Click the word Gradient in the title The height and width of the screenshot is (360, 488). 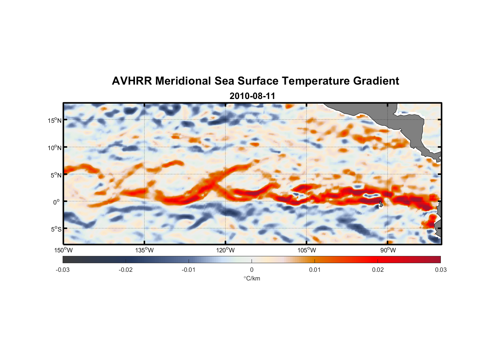tap(376, 81)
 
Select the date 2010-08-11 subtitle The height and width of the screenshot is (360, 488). tap(252, 96)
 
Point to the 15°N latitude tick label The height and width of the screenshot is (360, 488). tap(55, 120)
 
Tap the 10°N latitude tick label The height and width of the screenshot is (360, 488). tap(55, 148)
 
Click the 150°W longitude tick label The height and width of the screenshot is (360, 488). tap(64, 250)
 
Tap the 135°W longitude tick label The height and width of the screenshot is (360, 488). tap(145, 250)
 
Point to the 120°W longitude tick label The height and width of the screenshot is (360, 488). tap(226, 250)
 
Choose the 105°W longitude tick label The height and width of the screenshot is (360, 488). tap(307, 250)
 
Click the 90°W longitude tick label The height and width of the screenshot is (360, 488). tap(388, 250)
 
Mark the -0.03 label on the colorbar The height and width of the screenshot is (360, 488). tap(63, 270)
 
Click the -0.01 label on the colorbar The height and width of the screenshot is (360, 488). tap(189, 270)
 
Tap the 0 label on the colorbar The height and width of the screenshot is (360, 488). tap(252, 270)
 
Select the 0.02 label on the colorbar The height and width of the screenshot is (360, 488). tap(378, 270)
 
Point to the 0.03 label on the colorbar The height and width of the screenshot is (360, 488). tap(440, 270)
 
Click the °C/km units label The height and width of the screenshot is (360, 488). tap(252, 278)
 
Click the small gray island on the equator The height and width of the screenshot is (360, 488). tap(381, 204)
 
